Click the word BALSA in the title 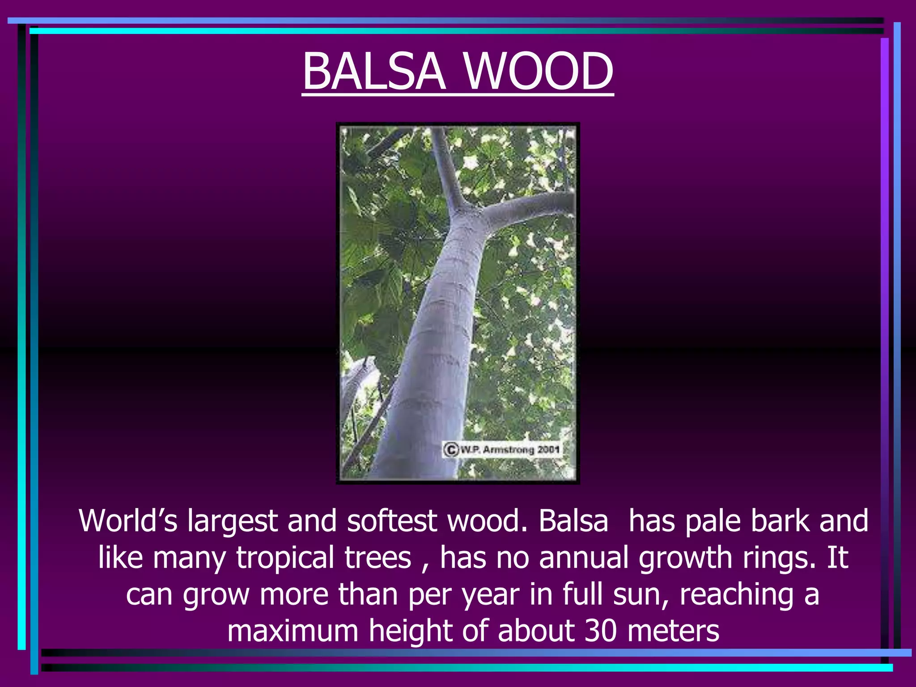tap(374, 72)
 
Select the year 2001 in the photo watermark tap(549, 449)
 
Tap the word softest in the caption tap(392, 521)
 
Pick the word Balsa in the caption tap(573, 521)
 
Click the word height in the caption tap(410, 632)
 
